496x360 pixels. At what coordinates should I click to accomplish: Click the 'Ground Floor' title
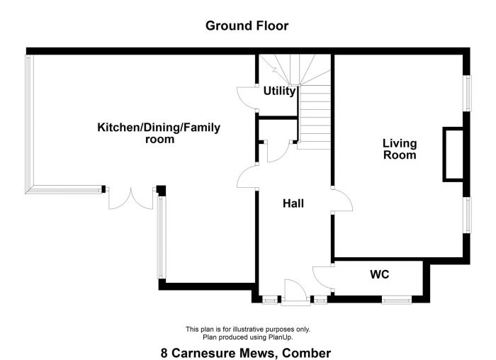[247, 26]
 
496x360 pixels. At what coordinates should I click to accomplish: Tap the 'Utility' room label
[279, 91]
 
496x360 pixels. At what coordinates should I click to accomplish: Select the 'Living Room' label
[399, 149]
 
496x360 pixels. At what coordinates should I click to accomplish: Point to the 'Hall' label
[293, 203]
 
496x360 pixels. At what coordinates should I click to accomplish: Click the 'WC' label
[379, 274]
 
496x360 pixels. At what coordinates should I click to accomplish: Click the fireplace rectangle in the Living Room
[453, 154]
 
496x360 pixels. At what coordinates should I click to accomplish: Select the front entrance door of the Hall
[295, 292]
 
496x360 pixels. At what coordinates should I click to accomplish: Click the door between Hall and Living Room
[342, 201]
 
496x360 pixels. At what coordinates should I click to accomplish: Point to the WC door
[323, 276]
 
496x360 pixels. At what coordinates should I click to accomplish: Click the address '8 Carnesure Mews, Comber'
[246, 352]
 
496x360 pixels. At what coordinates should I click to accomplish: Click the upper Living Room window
[467, 92]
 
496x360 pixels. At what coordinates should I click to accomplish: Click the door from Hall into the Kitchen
[249, 176]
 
